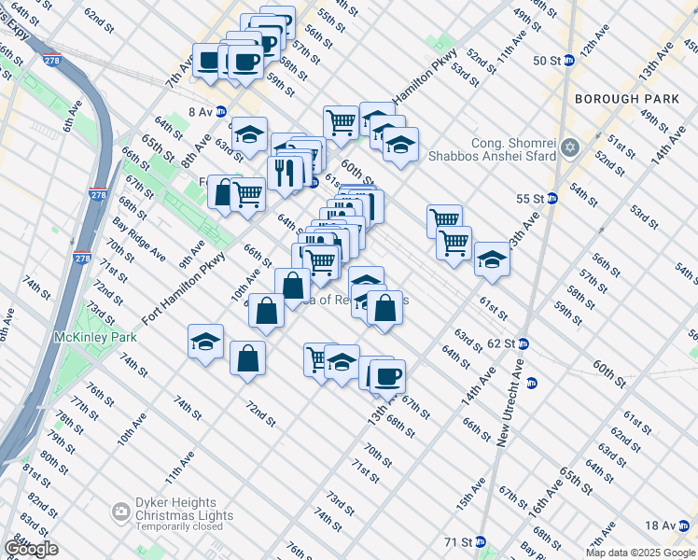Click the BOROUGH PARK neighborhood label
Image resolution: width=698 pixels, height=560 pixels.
pyautogui.click(x=621, y=98)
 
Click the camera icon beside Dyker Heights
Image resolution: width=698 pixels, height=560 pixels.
pyautogui.click(x=120, y=511)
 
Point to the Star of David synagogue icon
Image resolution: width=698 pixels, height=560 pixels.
pyautogui.click(x=571, y=148)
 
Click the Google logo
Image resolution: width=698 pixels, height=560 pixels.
pyautogui.click(x=31, y=549)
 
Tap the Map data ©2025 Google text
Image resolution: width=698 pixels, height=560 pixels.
pyautogui.click(x=639, y=553)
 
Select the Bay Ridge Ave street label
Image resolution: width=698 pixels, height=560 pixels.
pyautogui.click(x=139, y=240)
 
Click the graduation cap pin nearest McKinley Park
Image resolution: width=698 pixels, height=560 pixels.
pyautogui.click(x=205, y=342)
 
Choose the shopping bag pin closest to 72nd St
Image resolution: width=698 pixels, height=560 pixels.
pyautogui.click(x=247, y=358)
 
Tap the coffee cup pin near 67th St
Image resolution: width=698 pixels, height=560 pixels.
pyautogui.click(x=387, y=376)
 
